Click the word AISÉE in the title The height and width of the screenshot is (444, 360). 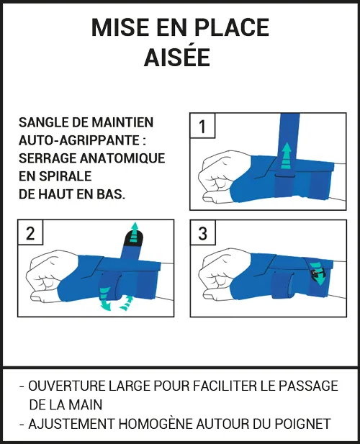click(180, 57)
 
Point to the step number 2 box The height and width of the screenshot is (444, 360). click(30, 233)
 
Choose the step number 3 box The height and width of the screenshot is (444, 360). click(203, 233)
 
